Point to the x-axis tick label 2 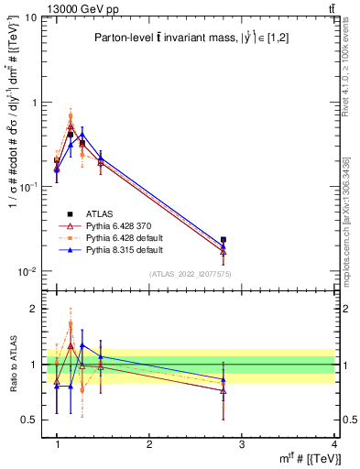tap(148, 445)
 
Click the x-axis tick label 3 tap(241, 445)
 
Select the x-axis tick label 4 tap(333, 445)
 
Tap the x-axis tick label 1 tap(57, 445)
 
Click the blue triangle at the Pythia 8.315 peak tap(82, 134)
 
